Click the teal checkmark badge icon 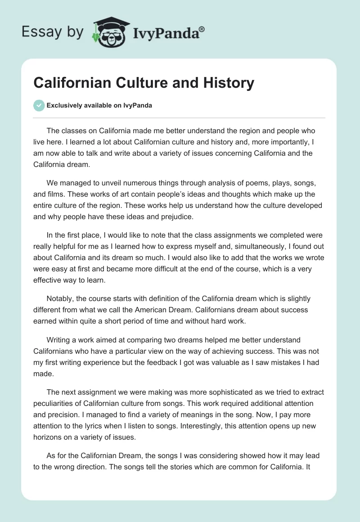(39, 105)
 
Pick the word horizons (49, 436)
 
